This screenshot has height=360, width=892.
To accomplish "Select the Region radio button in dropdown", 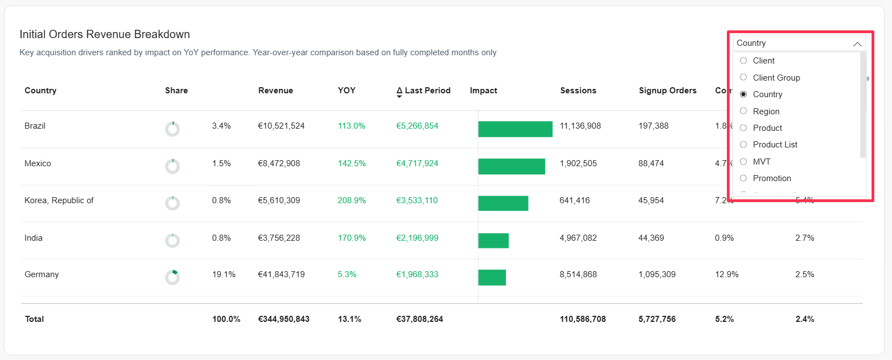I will pos(743,111).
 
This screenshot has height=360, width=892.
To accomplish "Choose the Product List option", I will pos(743,145).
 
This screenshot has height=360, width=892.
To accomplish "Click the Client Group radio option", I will pos(743,77).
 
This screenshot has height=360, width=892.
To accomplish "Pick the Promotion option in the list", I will pos(743,178).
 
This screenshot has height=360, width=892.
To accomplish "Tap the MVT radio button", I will pos(743,162).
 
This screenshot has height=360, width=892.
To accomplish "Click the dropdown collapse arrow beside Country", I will pos(857,44).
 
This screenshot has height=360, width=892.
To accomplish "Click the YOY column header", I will pos(346,91).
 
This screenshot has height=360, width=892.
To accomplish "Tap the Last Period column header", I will pos(427,91).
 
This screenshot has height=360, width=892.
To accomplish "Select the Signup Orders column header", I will pos(667,91).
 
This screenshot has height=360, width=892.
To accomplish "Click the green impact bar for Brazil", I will pos(515,129).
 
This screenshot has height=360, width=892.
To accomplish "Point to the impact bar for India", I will pos(493,241).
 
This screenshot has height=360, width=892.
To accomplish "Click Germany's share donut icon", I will pos(172,277).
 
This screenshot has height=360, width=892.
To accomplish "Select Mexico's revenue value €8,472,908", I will pos(279,163).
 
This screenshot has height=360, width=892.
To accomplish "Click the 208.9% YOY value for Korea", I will pos(351,200).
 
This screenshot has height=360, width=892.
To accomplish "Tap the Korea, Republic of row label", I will pos(59,200).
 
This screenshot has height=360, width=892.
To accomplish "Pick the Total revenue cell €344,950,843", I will pos(283,319).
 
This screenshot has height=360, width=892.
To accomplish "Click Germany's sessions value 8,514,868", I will pos(578,274).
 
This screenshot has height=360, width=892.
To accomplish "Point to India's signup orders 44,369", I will pos(651,238).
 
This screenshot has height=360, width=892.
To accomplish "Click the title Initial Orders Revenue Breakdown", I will pos(105,34).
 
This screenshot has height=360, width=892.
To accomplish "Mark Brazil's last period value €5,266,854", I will pos(417,126).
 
